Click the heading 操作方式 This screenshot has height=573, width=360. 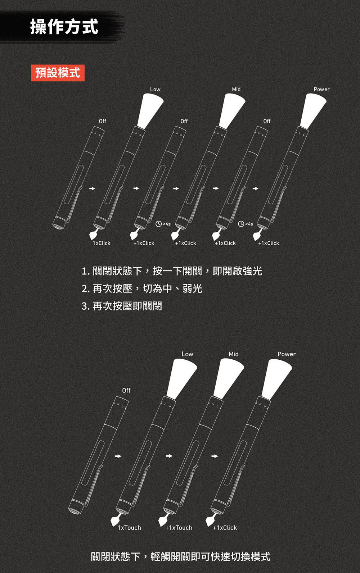click(64, 26)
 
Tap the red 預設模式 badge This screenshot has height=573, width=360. click(58, 73)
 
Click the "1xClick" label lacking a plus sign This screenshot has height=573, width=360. click(102, 243)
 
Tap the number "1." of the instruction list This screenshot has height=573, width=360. click(86, 272)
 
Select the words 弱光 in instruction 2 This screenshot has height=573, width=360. click(192, 288)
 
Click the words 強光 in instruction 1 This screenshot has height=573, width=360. click(252, 271)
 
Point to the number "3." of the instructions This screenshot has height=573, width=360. click(86, 306)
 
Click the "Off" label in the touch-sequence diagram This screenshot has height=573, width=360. click(126, 390)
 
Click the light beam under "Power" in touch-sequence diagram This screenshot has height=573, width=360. click(276, 379)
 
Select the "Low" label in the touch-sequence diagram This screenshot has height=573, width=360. click(187, 354)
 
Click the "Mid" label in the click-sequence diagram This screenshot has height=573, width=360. click(236, 89)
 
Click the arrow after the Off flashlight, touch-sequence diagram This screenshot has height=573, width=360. click(118, 456)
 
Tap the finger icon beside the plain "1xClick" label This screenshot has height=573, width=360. click(94, 234)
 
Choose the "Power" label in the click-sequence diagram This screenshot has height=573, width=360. click(321, 89)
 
